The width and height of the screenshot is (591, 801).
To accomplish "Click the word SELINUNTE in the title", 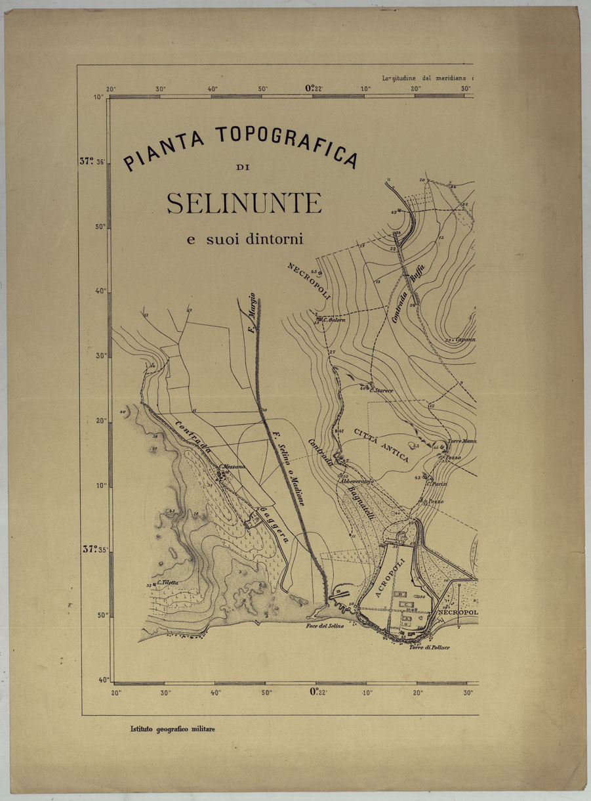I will pyautogui.click(x=244, y=204).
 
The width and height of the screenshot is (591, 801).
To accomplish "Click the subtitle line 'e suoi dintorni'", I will pyautogui.click(x=244, y=239).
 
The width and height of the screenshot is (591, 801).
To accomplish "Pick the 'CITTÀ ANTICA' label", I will pyautogui.click(x=382, y=444).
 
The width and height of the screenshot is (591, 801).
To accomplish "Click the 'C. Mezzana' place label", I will pyautogui.click(x=232, y=466).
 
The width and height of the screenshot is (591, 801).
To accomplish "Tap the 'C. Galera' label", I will pyautogui.click(x=332, y=320).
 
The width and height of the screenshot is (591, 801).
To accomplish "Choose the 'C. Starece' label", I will pyautogui.click(x=382, y=391).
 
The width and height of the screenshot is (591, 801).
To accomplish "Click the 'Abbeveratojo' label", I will pyautogui.click(x=356, y=481).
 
